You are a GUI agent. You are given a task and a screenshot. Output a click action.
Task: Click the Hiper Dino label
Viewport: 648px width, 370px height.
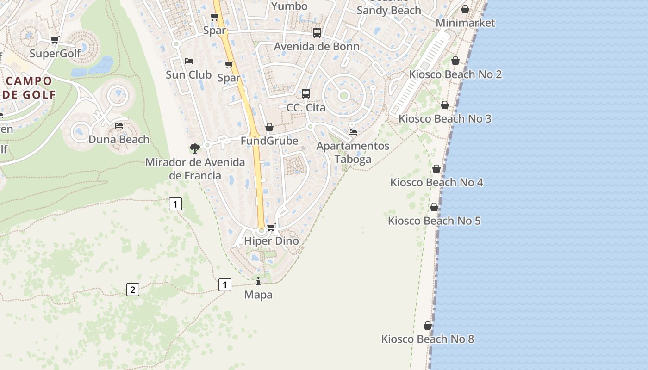click(271, 241)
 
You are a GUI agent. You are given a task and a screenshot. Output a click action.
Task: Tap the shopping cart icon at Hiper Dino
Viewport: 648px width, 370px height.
click(271, 227)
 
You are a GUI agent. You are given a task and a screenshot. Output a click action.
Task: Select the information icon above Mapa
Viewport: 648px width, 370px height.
click(258, 281)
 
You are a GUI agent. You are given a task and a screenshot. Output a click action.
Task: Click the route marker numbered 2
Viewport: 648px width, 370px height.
click(133, 290)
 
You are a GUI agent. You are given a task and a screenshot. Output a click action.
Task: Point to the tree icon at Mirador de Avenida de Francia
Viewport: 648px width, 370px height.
click(195, 148)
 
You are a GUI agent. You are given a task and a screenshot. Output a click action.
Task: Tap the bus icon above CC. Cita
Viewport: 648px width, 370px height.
click(306, 94)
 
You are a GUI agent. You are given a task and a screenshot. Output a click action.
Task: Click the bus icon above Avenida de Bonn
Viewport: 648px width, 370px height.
click(317, 33)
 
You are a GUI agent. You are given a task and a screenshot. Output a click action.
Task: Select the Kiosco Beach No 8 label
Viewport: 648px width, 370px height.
click(427, 339)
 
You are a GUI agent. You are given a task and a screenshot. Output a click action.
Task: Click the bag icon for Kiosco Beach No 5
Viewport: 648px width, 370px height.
click(434, 207)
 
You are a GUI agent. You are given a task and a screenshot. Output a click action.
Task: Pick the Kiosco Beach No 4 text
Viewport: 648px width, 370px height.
click(436, 182)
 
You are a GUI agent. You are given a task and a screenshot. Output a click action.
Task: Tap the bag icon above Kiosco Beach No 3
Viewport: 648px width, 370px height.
click(445, 105)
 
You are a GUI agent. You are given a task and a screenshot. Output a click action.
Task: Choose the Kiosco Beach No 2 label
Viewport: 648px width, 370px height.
click(455, 74)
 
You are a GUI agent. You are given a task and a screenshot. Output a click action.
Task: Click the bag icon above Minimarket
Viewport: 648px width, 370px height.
click(465, 10)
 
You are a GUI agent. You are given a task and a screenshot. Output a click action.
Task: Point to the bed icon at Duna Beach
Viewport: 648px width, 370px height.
click(119, 126)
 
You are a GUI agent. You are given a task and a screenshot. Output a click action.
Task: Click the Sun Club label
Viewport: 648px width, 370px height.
click(189, 74)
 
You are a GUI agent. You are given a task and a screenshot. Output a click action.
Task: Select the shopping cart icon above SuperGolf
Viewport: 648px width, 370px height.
click(55, 40)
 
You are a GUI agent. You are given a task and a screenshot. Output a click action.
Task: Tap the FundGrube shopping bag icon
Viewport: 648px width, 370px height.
click(269, 127)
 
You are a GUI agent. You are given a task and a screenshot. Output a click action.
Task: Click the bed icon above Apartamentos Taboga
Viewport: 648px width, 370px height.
click(353, 132)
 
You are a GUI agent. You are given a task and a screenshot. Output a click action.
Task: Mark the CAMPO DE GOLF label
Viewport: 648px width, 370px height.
click(29, 88)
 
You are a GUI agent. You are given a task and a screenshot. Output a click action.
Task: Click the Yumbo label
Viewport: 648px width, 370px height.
click(289, 6)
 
